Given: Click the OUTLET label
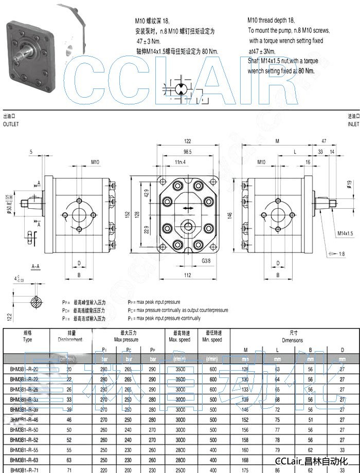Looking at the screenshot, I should pyautogui.click(x=11, y=124).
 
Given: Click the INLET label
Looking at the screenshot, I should pyautogui.click(x=353, y=124).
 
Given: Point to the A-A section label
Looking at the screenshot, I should pyautogui.click(x=36, y=267).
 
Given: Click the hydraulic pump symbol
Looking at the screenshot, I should pyautogui.click(x=181, y=90).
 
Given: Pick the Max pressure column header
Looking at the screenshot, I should pyautogui.click(x=126, y=340).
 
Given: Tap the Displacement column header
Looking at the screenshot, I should pyautogui.click(x=70, y=340).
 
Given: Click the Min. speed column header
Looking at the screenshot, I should pyautogui.click(x=212, y=340).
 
